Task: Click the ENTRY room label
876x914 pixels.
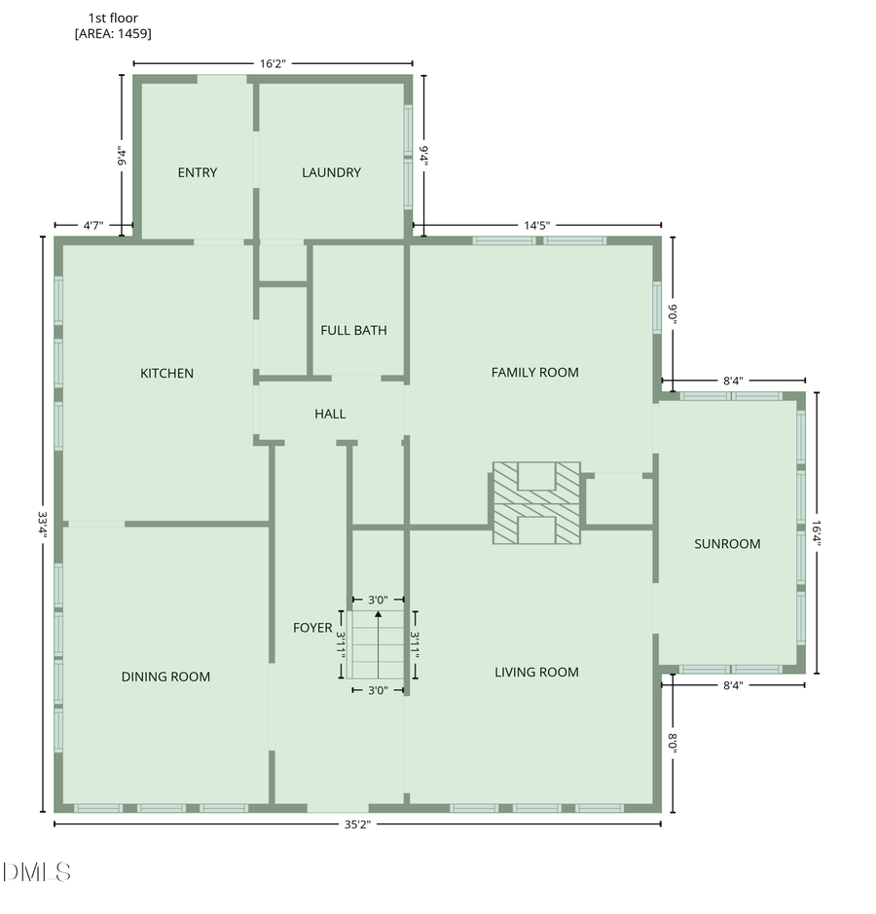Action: click(197, 173)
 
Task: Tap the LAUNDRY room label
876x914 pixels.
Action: click(331, 173)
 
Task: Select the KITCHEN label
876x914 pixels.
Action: click(166, 373)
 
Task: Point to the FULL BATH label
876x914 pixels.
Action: click(353, 331)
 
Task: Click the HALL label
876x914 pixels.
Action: click(330, 414)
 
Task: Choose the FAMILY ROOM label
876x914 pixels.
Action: click(534, 372)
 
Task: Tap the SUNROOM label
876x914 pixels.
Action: click(726, 544)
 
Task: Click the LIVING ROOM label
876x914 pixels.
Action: click(536, 672)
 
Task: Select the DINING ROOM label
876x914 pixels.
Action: click(165, 676)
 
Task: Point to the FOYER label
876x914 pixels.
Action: click(312, 628)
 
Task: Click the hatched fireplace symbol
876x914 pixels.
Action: click(536, 502)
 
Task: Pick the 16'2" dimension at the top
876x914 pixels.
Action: click(273, 63)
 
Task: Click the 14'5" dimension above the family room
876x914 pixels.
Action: click(537, 226)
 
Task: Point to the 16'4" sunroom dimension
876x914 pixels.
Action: click(816, 533)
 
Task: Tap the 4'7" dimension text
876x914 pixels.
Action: click(92, 226)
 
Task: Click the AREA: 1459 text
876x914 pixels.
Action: click(113, 34)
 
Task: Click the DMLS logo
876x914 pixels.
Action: click(37, 872)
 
